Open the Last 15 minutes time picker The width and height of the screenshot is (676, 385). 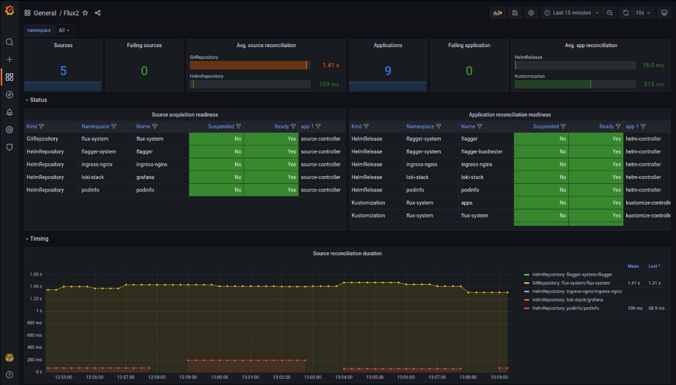[572, 13]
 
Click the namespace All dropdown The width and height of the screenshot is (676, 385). [64, 30]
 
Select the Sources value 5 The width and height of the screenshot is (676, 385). [63, 71]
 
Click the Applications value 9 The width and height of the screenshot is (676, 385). [388, 71]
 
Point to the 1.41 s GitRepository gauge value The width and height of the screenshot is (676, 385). [331, 65]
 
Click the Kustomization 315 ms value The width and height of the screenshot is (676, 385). [653, 84]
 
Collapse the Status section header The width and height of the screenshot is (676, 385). [38, 100]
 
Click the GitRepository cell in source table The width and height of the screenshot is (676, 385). [42, 139]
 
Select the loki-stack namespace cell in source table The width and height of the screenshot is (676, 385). [93, 177]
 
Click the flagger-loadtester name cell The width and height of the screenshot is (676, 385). [481, 151]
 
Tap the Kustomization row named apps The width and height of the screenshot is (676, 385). [466, 203]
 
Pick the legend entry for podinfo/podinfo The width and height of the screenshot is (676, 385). [565, 308]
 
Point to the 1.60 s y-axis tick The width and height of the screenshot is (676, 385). [36, 274]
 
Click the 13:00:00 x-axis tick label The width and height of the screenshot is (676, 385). [219, 377]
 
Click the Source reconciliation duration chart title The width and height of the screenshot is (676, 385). [347, 253]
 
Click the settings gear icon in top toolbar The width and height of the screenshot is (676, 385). [531, 13]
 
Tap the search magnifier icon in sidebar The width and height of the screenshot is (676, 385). [9, 42]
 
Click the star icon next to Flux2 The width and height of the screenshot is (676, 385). [85, 13]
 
